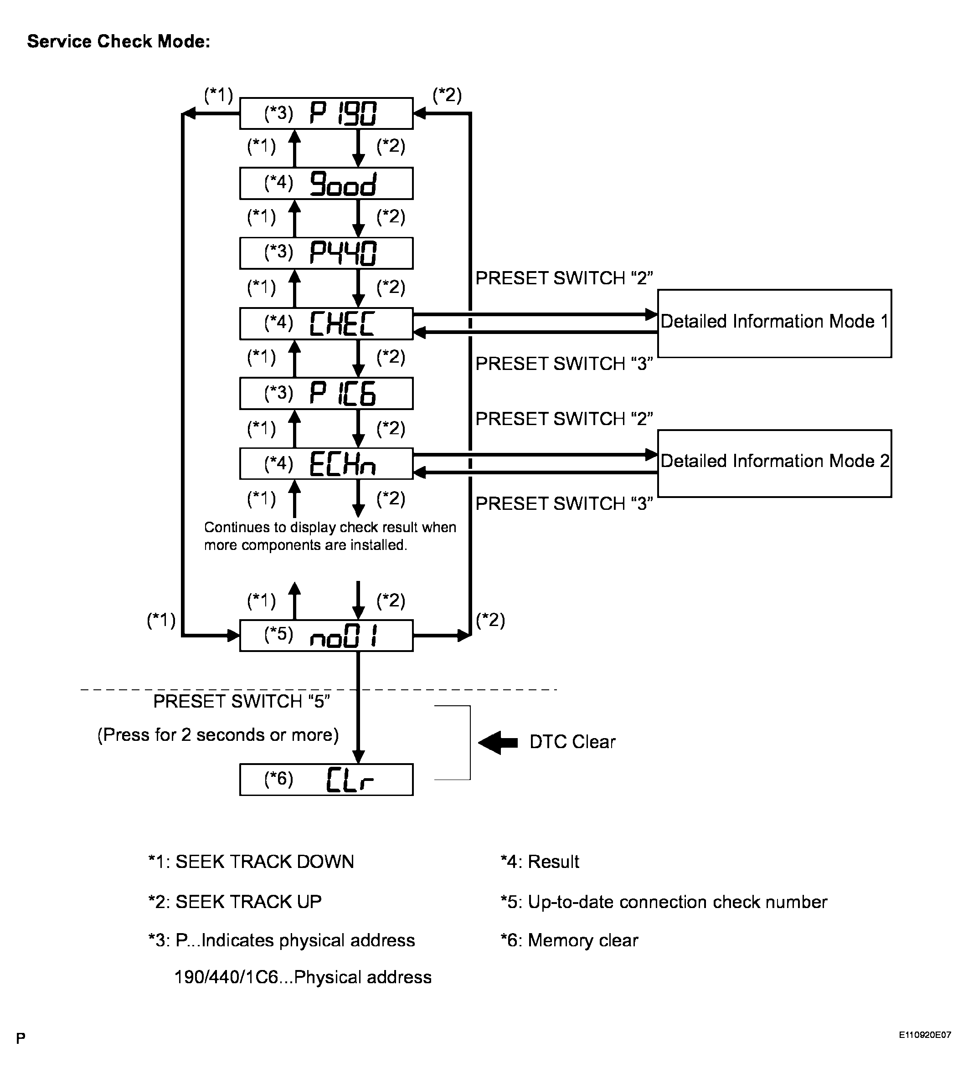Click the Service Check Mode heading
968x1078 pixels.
coord(118,41)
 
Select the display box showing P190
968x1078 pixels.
coord(326,113)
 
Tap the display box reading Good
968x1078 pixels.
coord(326,184)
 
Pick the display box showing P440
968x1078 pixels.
coord(326,253)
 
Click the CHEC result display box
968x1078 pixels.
coord(326,323)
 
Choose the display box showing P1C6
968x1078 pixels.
coord(326,394)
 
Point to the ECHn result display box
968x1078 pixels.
coord(326,463)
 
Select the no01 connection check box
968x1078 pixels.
coord(326,636)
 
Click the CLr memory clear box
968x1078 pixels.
coord(326,780)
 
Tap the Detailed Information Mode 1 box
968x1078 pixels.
coord(774,323)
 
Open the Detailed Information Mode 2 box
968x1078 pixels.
coord(774,463)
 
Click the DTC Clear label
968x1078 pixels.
coord(572,742)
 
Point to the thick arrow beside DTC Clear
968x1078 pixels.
coord(498,742)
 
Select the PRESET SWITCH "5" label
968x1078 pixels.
coord(242,702)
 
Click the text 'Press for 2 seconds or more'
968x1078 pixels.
coord(218,735)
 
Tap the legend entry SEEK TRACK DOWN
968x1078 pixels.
coord(251,862)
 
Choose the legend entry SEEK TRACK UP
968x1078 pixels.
coord(235,902)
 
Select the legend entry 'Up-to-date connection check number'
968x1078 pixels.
coord(664,902)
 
